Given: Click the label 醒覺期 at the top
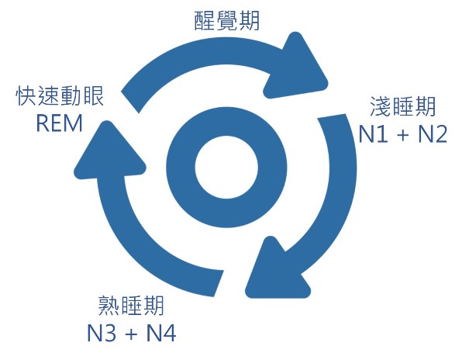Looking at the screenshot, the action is pos(227,21).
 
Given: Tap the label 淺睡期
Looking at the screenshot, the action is pos(403,106).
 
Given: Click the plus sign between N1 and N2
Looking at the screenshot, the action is pos(403,135).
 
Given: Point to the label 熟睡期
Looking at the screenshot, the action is pos(131,306).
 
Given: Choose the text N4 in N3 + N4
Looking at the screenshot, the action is pos(161,333).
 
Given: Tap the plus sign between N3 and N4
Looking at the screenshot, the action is pos(132,334).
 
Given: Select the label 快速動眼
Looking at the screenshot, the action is pos(60,96).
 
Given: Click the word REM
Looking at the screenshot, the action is pos(59,123).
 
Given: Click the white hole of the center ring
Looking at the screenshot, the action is pos(226,167).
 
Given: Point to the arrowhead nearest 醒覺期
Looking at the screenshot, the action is pos(298,67).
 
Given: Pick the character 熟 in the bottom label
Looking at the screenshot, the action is pos(109,306).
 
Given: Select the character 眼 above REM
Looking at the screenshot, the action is pos(94,96).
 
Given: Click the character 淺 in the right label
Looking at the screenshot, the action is pos(381,106).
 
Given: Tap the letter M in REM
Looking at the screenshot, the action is pos(74,123).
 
